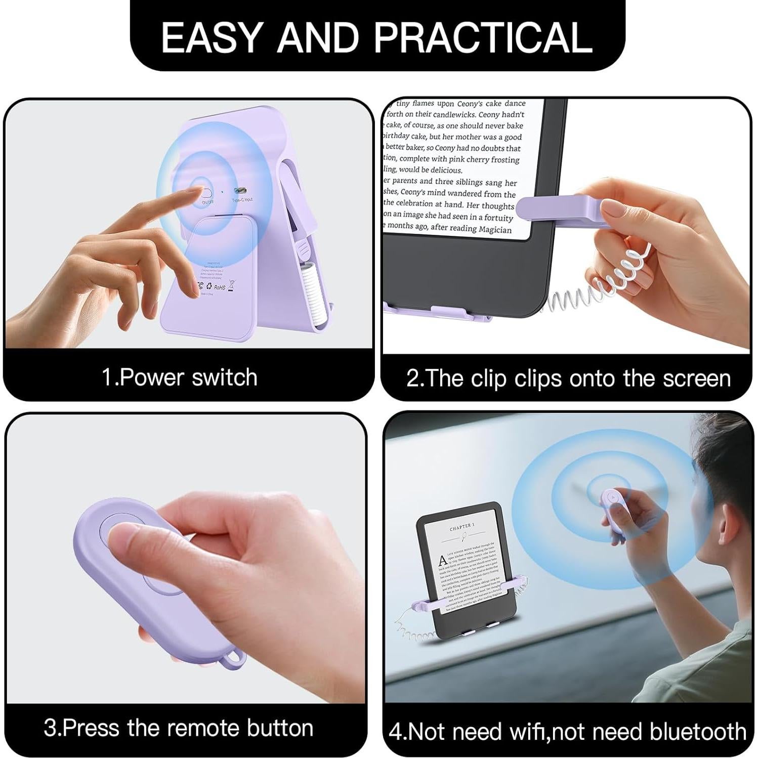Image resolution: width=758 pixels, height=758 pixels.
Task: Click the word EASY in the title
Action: pos(212,37)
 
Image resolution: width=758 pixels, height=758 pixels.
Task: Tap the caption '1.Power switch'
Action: pos(180,377)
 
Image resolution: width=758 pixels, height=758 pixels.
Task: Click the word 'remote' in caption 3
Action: pos(201,728)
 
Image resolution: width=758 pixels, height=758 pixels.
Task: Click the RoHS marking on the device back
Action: pos(219,287)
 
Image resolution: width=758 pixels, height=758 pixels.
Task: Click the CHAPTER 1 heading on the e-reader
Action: pos(462,527)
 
